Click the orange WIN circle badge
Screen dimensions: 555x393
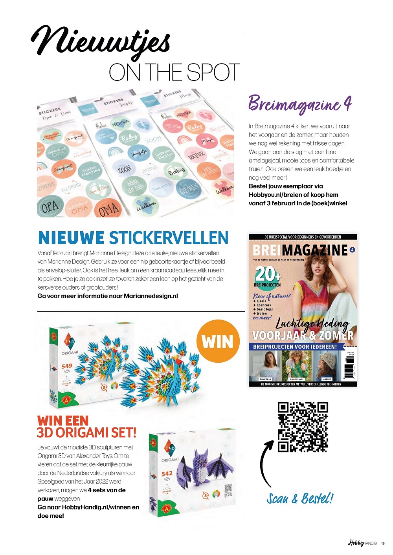pyautogui.click(x=217, y=341)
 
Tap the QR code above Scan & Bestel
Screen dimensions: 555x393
pyautogui.click(x=303, y=427)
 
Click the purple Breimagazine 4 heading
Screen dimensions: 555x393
pyautogui.click(x=299, y=104)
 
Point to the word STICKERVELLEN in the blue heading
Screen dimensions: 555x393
pyautogui.click(x=169, y=238)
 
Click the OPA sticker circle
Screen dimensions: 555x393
pyautogui.click(x=50, y=206)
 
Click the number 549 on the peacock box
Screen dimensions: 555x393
pyautogui.click(x=67, y=366)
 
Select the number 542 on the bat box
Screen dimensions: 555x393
pyautogui.click(x=167, y=474)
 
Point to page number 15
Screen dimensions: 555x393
pyautogui.click(x=383, y=543)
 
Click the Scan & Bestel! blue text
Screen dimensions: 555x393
pyautogui.click(x=300, y=499)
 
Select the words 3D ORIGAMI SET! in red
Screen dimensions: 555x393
pyautogui.click(x=86, y=433)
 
